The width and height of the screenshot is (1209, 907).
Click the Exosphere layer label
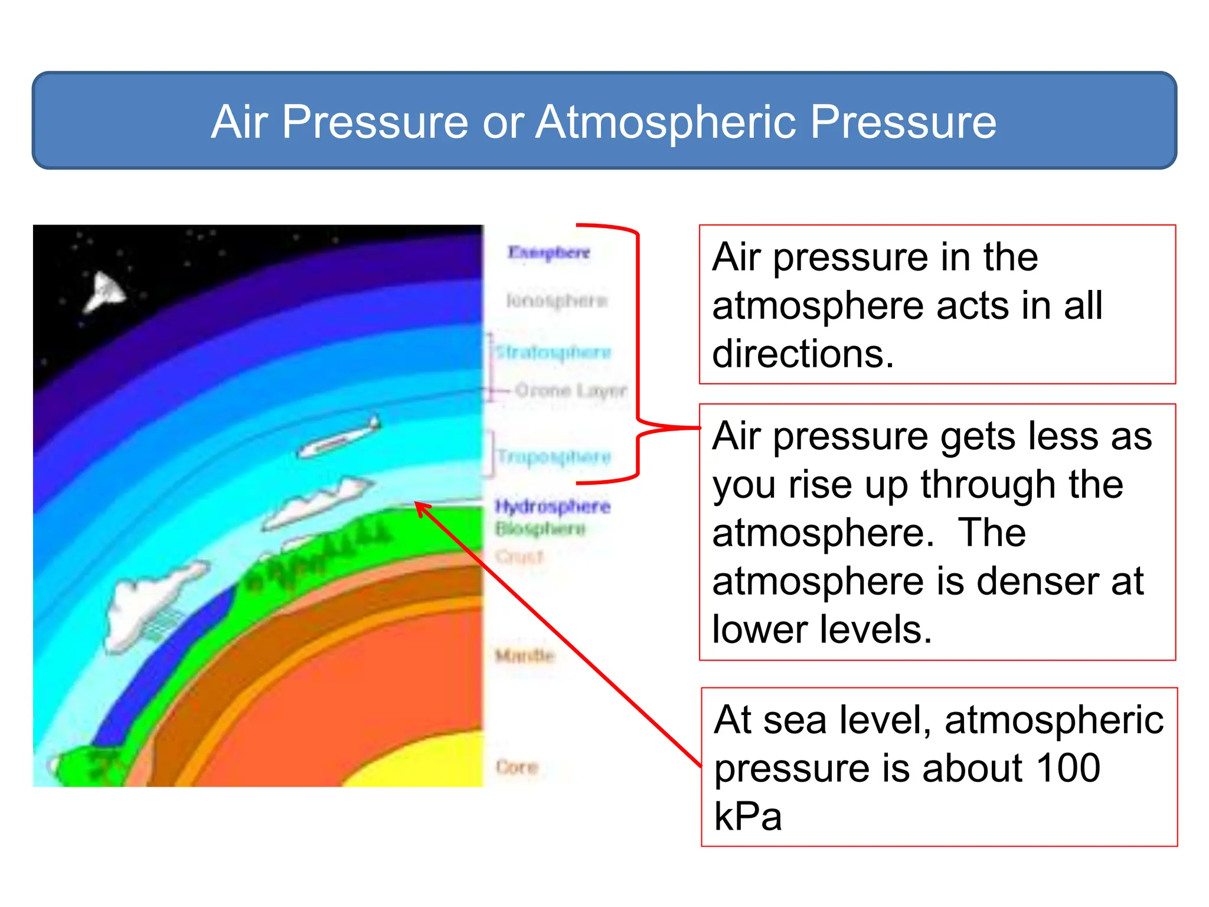548,252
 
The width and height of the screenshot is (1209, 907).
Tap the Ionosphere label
556,301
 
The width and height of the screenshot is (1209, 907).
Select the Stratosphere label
553,353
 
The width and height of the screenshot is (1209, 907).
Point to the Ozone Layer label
570,390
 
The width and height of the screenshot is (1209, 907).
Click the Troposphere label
554,456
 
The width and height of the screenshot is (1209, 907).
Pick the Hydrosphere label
553,507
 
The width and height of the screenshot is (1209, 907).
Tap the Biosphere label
540,528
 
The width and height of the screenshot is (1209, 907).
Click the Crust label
519,556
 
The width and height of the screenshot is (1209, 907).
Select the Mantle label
525,655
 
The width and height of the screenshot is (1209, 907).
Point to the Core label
517,767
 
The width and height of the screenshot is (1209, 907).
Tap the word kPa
747,817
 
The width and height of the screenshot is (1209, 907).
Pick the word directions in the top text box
803,354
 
